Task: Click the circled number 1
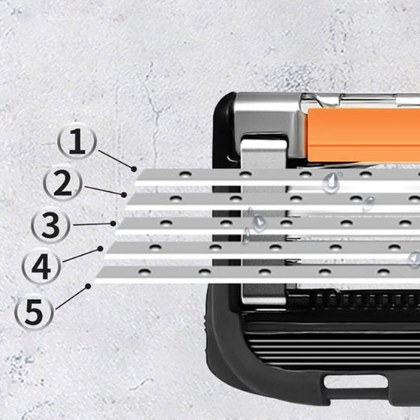pyautogui.click(x=76, y=141)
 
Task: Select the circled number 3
pyautogui.click(x=50, y=224)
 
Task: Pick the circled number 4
pyautogui.click(x=41, y=266)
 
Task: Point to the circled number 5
pyautogui.click(x=34, y=310)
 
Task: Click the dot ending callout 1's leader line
pyautogui.click(x=134, y=169)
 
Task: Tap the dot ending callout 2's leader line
pyautogui.click(x=124, y=195)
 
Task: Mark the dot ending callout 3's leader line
pyautogui.click(x=113, y=223)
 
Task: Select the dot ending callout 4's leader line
pyautogui.click(x=100, y=249)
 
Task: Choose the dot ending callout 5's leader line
pyautogui.click(x=88, y=286)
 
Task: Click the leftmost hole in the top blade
pyautogui.click(x=185, y=174)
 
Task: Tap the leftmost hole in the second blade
pyautogui.click(x=175, y=199)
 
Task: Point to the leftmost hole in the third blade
pyautogui.click(x=166, y=223)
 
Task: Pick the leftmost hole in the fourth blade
pyautogui.click(x=155, y=247)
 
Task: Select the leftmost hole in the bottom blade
pyautogui.click(x=145, y=271)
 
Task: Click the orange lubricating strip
pyautogui.click(x=364, y=135)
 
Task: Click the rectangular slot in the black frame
pyautogui.click(x=355, y=382)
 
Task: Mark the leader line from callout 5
pyautogui.click(x=72, y=298)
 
